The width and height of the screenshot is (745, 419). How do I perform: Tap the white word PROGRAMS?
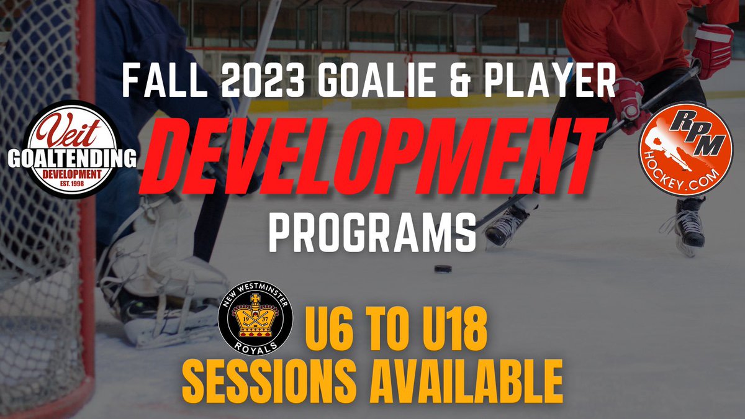pyautogui.click(x=372, y=230)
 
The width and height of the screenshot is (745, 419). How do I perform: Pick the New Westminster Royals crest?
pyautogui.click(x=256, y=322)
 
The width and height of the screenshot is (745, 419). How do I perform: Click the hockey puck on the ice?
pyautogui.click(x=442, y=269)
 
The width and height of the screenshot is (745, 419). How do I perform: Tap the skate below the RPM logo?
pyautogui.click(x=689, y=223)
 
